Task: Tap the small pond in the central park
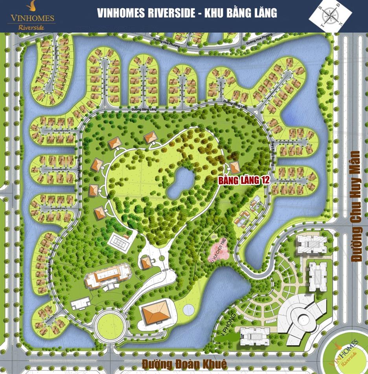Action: coord(180,182)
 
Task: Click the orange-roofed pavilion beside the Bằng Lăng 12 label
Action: coord(234,167)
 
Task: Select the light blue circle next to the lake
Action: coord(189,310)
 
